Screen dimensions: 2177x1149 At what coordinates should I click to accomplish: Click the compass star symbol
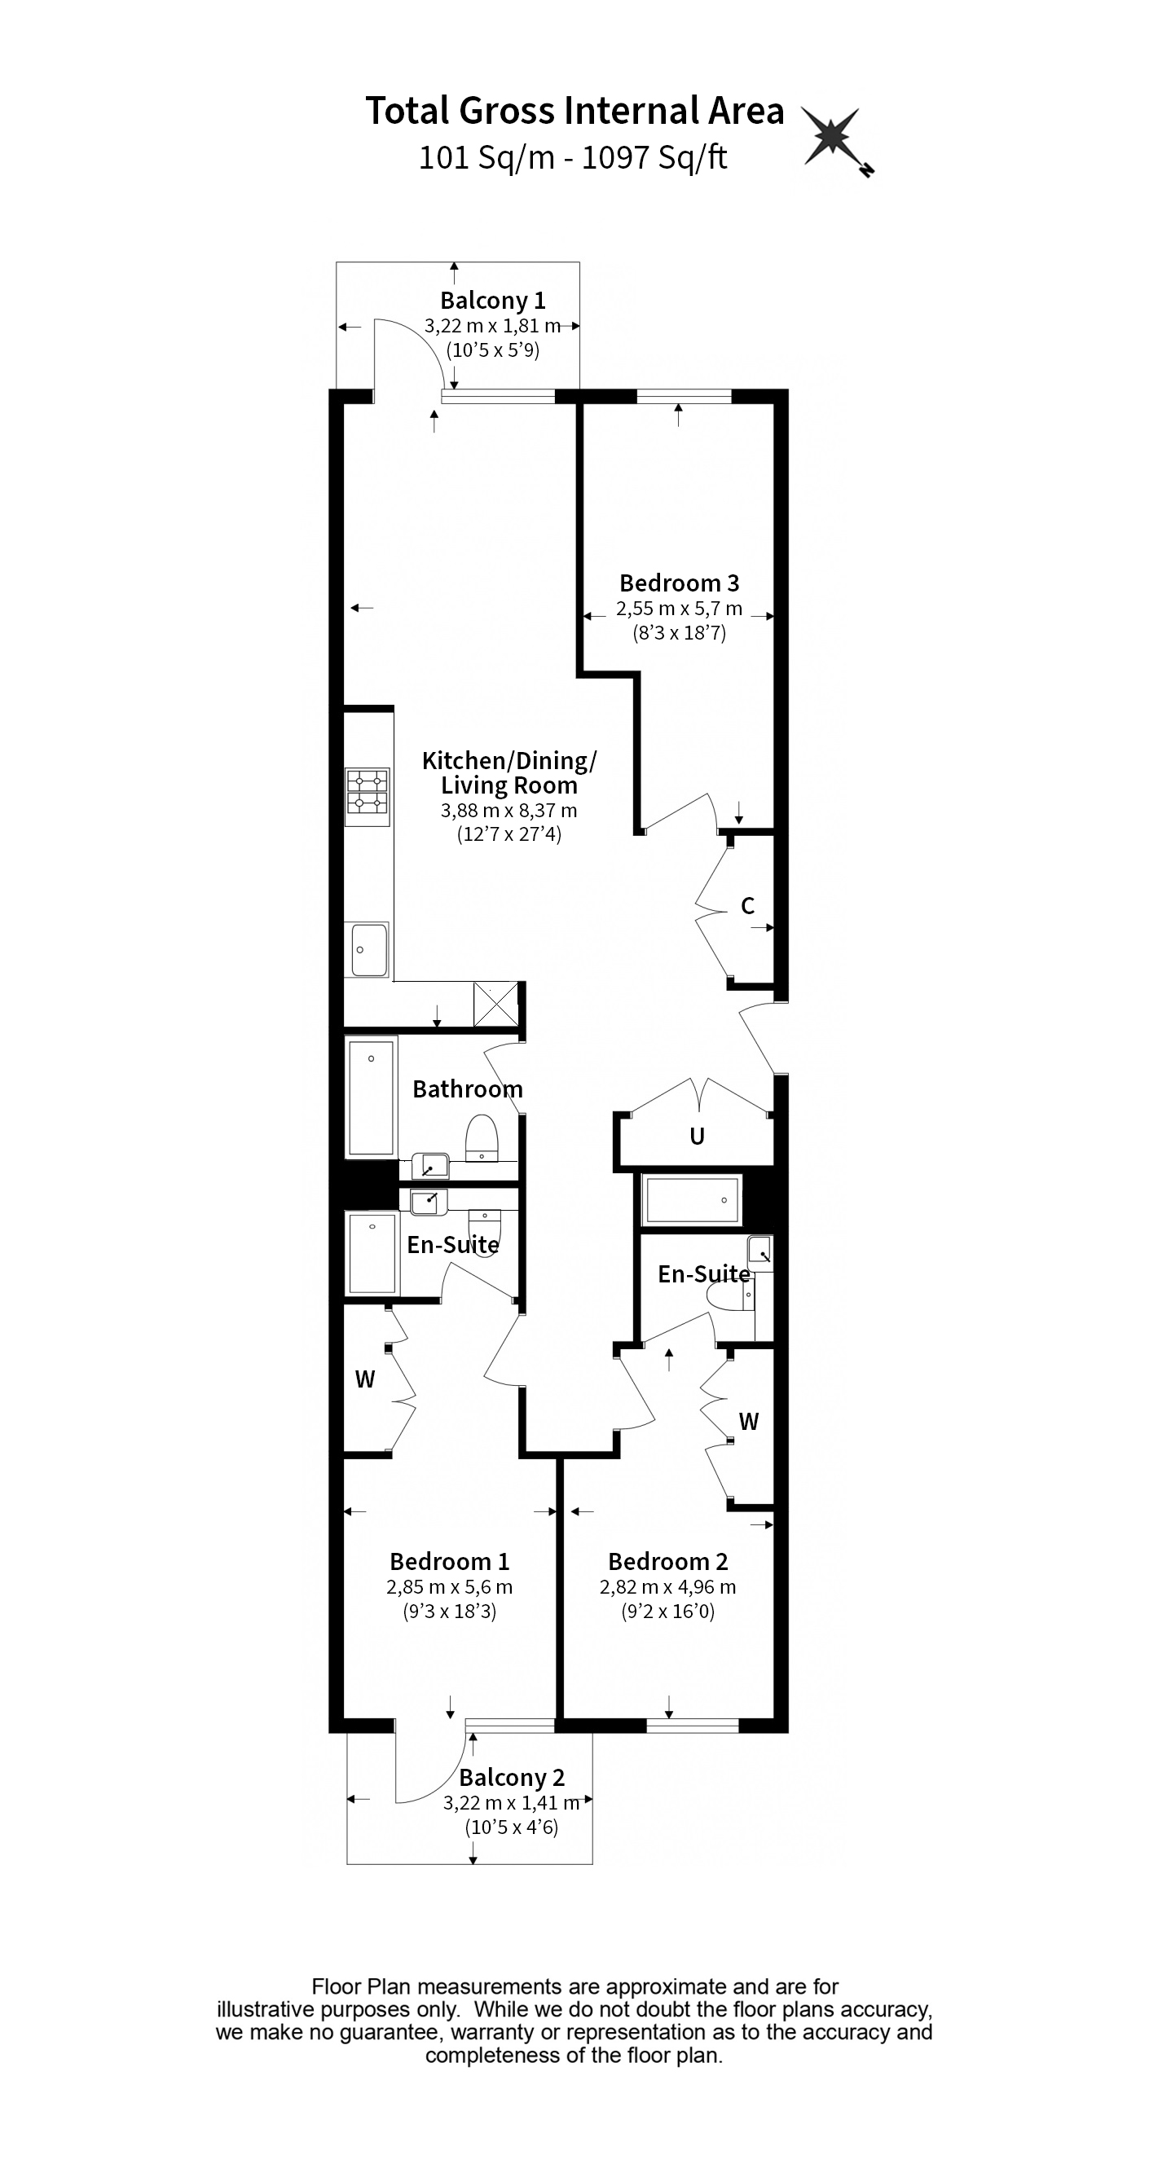[832, 137]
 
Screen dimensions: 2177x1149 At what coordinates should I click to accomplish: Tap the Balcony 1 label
[493, 300]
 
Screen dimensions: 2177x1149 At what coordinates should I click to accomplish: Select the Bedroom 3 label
[679, 583]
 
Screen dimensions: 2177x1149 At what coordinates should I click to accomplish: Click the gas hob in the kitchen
[367, 796]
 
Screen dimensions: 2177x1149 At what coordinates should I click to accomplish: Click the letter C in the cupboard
[747, 907]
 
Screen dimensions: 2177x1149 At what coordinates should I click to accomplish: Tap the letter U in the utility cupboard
[697, 1137]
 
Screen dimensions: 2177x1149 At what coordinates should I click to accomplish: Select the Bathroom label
[467, 1089]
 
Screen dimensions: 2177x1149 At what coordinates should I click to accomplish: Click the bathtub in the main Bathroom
[371, 1097]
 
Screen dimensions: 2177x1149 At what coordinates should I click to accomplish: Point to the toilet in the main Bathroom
[482, 1137]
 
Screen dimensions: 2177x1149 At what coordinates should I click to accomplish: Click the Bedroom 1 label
[449, 1562]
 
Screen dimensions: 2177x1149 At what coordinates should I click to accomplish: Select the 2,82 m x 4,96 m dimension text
[668, 1587]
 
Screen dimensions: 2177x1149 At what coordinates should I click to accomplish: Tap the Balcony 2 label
[512, 1778]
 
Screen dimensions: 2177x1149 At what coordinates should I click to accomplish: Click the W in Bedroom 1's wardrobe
[364, 1380]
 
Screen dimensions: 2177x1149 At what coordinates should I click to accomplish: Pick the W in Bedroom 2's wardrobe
[748, 1423]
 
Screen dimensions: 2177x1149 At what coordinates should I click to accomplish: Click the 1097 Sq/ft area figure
[654, 158]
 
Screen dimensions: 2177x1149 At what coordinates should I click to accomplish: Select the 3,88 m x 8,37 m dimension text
[508, 811]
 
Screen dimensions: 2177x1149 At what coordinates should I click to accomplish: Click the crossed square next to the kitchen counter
[496, 1004]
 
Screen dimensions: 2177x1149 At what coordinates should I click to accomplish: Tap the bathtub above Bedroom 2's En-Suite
[692, 1200]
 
